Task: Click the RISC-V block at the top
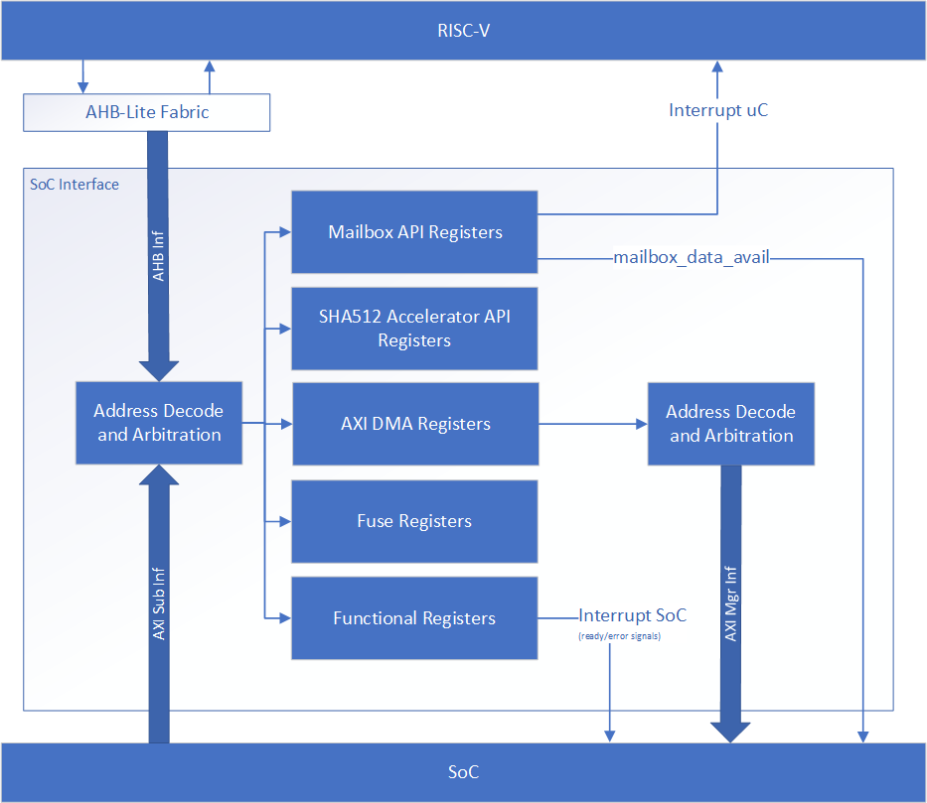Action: (x=463, y=30)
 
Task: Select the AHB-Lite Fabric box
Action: (x=147, y=112)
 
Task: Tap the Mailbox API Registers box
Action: (x=414, y=232)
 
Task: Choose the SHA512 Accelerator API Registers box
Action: (x=414, y=329)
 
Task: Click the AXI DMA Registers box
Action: (x=414, y=424)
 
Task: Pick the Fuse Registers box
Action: (x=414, y=521)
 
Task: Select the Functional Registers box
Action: (x=414, y=618)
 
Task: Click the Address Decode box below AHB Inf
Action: (x=159, y=422)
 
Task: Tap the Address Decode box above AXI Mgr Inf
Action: (x=730, y=424)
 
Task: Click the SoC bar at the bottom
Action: (x=463, y=772)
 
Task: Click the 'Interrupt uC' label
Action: (x=718, y=110)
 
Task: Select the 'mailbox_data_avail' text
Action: (x=693, y=258)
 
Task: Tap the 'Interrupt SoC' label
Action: (x=632, y=615)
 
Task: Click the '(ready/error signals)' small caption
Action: (x=619, y=635)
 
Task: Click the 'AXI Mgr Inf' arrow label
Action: (x=730, y=602)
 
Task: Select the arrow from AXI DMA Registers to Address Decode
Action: (x=592, y=424)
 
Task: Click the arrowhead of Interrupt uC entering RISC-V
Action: (x=718, y=67)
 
